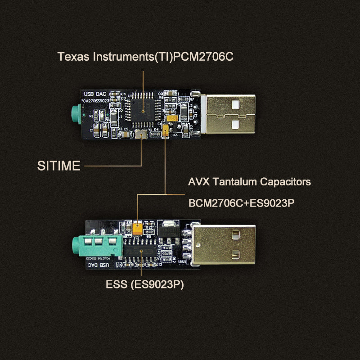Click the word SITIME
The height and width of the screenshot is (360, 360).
point(58,166)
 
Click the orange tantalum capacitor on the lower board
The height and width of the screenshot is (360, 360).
point(138,228)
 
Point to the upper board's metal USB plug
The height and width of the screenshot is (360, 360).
point(229,113)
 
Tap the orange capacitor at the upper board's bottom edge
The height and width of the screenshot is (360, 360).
point(166,131)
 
